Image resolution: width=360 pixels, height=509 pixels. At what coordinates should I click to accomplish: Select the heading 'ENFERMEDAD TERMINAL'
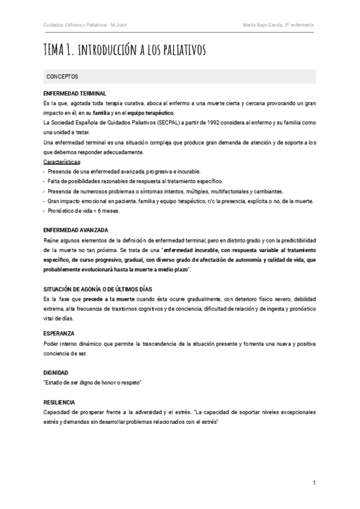pyautogui.click(x=75, y=94)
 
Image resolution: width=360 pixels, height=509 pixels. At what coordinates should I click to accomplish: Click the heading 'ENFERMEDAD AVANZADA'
pyautogui.click(x=76, y=230)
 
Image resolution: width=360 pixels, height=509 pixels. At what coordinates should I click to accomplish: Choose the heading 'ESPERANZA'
pyautogui.click(x=59, y=332)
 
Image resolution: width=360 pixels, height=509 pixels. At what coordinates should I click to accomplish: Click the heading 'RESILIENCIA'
pyautogui.click(x=61, y=401)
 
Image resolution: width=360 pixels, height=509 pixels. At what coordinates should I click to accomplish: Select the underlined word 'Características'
pyautogui.click(x=62, y=162)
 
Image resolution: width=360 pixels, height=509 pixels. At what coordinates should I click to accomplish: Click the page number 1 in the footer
pyautogui.click(x=314, y=483)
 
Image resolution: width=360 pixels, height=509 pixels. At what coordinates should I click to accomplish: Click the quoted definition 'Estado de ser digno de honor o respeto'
pyautogui.click(x=97, y=382)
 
